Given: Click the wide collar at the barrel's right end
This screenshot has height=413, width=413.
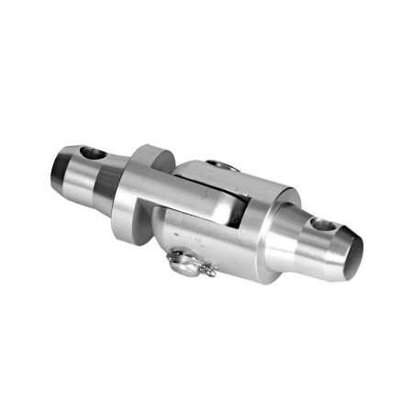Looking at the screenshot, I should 275,234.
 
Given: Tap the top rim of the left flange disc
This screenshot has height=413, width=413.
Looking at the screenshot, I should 151,149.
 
